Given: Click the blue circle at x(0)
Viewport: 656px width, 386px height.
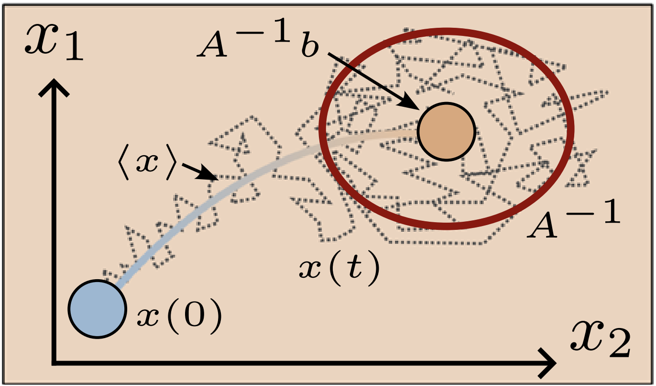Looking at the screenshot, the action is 97,309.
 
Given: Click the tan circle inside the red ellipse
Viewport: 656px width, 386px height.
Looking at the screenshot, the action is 446,132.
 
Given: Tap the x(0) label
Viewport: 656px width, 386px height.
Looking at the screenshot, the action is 179,317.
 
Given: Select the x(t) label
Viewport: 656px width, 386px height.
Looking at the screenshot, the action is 339,268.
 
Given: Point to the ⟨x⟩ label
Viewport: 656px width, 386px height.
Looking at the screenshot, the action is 147,161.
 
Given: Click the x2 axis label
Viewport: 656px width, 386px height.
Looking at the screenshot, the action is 601,340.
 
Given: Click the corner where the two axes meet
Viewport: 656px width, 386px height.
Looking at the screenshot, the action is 54,363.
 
